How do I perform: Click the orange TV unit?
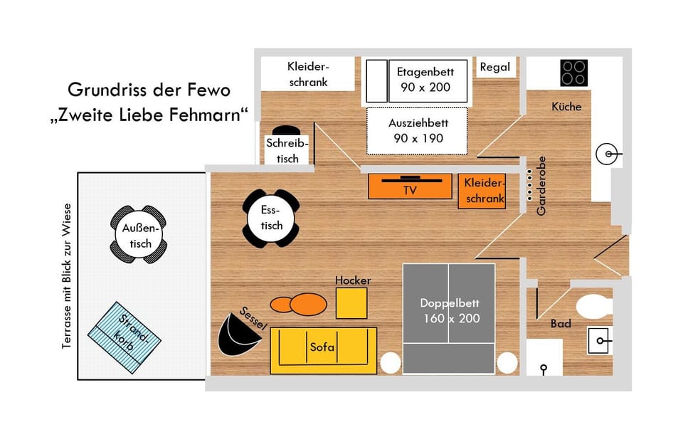pyautogui.click(x=410, y=187)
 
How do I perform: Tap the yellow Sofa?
pyautogui.click(x=323, y=350)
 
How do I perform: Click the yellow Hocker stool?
pyautogui.click(x=351, y=303)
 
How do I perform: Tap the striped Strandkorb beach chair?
pyautogui.click(x=125, y=336)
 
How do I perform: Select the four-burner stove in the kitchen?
pyautogui.click(x=573, y=73)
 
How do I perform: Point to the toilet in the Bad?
pyautogui.click(x=594, y=307)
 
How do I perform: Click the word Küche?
pyautogui.click(x=566, y=107)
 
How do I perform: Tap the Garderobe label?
pyautogui.click(x=541, y=186)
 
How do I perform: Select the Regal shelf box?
pyautogui.click(x=495, y=68)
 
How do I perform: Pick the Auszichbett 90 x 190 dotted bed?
pyautogui.click(x=417, y=130)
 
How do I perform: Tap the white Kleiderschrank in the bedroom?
pyautogui.click(x=307, y=74)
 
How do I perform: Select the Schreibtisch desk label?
pyautogui.click(x=287, y=150)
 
